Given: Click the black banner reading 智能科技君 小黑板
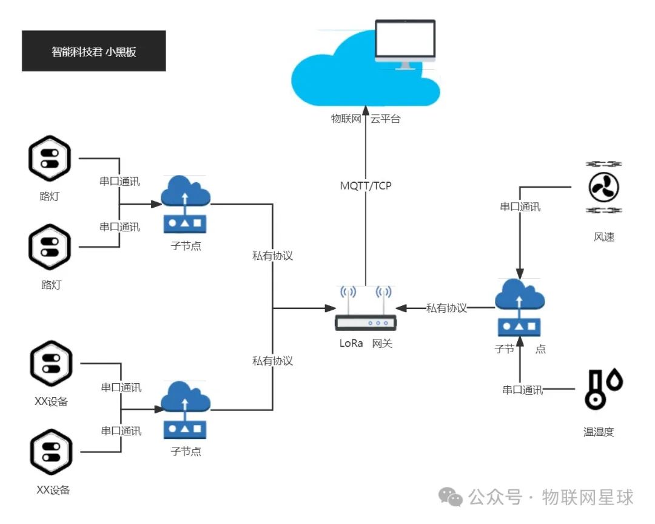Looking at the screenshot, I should click(93, 51).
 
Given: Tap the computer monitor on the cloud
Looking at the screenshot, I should click(405, 41).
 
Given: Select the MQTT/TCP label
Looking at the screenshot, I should click(366, 186).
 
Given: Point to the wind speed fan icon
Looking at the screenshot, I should click(603, 187).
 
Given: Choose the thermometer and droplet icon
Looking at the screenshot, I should click(603, 389).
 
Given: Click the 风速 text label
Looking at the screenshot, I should click(604, 237).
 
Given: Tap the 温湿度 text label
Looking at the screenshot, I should click(599, 432).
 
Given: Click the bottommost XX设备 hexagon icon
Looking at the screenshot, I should click(51, 452).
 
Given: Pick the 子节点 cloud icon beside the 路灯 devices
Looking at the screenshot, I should click(185, 203).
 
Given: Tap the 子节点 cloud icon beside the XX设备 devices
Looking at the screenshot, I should click(185, 410).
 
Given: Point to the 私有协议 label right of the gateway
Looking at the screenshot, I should click(446, 308).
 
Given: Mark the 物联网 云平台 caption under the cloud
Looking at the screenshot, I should click(365, 120).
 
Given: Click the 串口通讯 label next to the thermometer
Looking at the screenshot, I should click(522, 390).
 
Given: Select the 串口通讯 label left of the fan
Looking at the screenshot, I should click(520, 207).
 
